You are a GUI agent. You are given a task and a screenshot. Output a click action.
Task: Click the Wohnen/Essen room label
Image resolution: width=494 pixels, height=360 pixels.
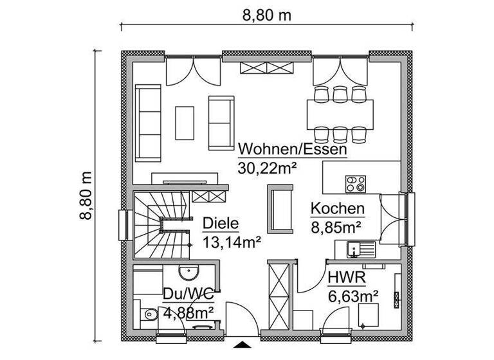pyautogui.click(x=293, y=150)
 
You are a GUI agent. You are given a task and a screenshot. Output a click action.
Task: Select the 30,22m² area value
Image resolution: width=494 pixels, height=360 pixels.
pyautogui.click(x=267, y=168)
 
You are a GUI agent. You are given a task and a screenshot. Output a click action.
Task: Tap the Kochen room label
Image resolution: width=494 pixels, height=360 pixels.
pyautogui.click(x=338, y=209)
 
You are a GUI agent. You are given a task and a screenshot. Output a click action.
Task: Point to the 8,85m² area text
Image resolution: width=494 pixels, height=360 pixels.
pyautogui.click(x=335, y=226)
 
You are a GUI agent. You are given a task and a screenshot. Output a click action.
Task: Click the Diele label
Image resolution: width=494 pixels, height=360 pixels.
pyautogui.click(x=221, y=224)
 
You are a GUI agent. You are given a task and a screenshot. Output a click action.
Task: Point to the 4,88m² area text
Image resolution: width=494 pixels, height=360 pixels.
pyautogui.click(x=188, y=313)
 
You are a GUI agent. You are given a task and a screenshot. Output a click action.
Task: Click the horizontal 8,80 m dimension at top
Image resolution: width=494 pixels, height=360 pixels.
pyautogui.click(x=266, y=16)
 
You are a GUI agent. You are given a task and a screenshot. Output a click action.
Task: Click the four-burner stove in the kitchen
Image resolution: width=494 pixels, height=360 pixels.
pyautogui.click(x=356, y=184)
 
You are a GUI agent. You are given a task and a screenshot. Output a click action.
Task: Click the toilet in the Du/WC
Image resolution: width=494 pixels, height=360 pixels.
pyautogui.click(x=148, y=315)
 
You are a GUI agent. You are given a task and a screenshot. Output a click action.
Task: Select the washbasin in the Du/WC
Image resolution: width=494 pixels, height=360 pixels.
pyautogui.click(x=188, y=273)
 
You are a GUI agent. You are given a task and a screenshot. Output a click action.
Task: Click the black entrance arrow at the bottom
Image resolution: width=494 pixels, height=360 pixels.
pyautogui.click(x=242, y=345)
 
